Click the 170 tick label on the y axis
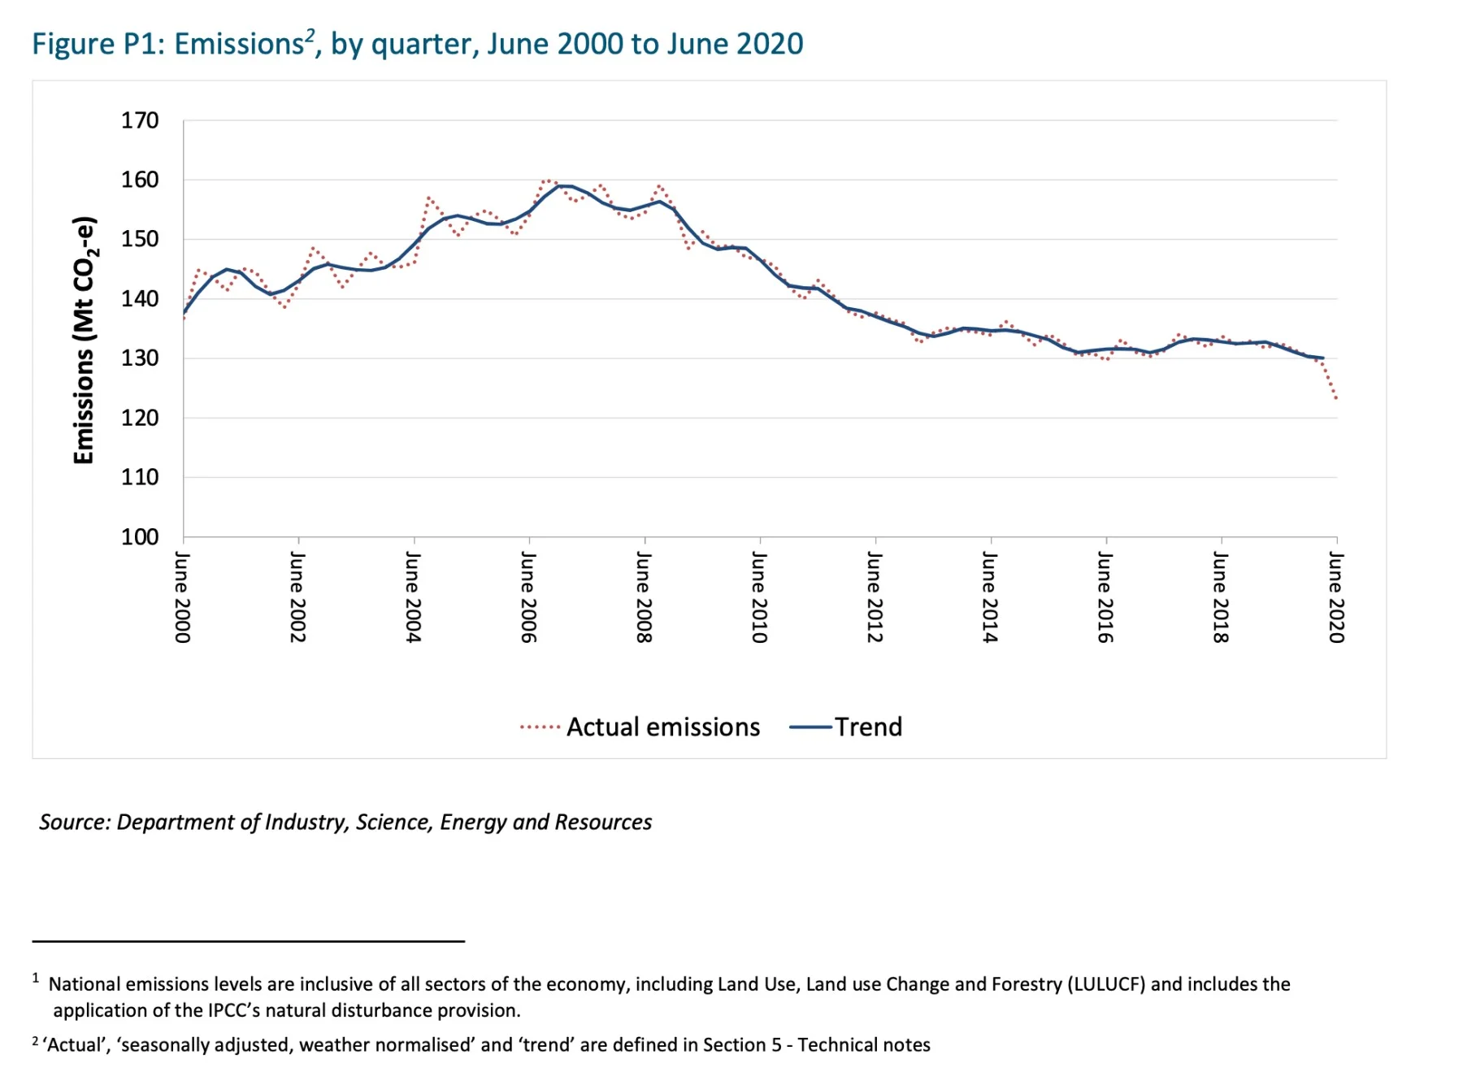[140, 121]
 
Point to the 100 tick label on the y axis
[140, 537]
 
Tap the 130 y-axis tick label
[140, 358]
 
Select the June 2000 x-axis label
[183, 597]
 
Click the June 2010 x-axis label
[759, 597]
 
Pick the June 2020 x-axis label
[1336, 597]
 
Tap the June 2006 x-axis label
[528, 597]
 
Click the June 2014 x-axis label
[990, 597]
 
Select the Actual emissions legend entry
[640, 727]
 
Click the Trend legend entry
[846, 727]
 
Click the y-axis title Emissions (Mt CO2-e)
[85, 341]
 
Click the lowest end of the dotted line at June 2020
[1336, 398]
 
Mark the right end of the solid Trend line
[1323, 358]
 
